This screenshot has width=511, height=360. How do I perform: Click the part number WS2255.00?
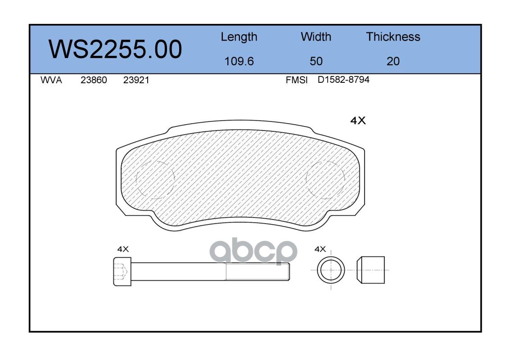115,49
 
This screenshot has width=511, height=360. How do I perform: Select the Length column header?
239,37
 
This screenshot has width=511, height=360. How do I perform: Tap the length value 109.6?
239,61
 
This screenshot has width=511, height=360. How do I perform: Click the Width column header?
316,37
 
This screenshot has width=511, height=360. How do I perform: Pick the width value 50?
316,61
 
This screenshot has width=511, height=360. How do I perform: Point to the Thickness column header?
393,37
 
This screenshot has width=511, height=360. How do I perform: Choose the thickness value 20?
393,61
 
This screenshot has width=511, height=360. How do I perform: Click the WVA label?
51,80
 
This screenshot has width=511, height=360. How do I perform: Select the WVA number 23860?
94,80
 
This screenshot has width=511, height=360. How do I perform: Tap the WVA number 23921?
136,80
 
